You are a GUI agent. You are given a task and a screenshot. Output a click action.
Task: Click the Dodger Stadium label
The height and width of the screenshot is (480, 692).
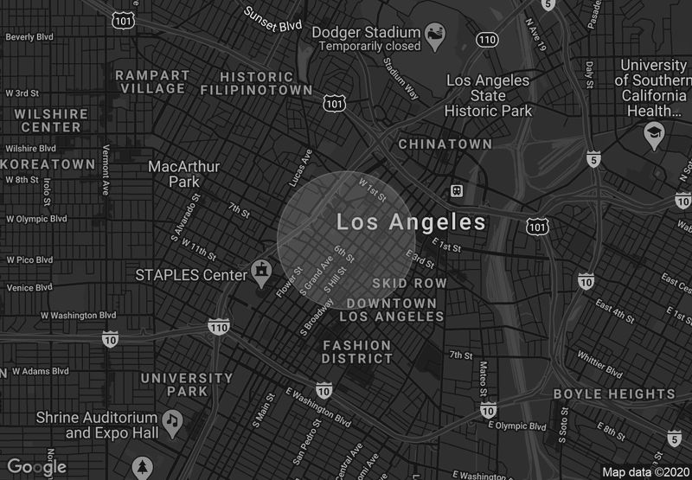[364, 32]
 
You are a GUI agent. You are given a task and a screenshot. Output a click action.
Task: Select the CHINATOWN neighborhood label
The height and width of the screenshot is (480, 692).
[445, 144]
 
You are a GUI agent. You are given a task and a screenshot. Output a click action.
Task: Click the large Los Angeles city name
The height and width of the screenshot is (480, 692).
[411, 222]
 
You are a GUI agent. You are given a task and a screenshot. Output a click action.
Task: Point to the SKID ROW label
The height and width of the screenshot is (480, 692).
[409, 284]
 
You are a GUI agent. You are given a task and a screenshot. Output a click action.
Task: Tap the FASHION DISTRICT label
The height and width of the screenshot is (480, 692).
[357, 351]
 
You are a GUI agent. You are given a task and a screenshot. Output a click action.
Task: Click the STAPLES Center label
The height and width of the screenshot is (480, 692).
[191, 275]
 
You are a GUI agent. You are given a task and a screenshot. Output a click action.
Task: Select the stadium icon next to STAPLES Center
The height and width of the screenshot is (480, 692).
[260, 271]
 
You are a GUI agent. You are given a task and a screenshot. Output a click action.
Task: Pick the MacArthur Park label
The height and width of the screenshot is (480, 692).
[184, 174]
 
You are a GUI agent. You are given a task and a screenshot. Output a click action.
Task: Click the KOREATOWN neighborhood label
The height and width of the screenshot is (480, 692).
[48, 164]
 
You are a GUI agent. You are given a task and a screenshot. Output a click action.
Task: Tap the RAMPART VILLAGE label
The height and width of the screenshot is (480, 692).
[152, 81]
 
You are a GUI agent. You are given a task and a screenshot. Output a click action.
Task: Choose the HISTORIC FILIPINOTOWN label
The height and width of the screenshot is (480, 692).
[256, 83]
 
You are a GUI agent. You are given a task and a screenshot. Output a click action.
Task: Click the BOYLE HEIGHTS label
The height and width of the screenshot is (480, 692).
[614, 394]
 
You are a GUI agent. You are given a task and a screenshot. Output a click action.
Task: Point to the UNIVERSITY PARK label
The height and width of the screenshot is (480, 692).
[187, 384]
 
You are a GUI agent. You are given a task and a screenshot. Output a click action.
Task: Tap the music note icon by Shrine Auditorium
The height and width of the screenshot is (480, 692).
[172, 419]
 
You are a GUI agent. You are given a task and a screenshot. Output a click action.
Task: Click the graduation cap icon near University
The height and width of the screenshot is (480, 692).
[654, 134]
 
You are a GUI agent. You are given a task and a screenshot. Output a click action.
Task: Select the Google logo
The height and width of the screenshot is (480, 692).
[36, 467]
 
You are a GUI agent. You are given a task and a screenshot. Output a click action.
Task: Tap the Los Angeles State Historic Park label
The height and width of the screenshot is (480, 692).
[488, 95]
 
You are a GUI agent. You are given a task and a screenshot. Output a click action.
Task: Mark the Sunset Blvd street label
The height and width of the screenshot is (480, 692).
[272, 19]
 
